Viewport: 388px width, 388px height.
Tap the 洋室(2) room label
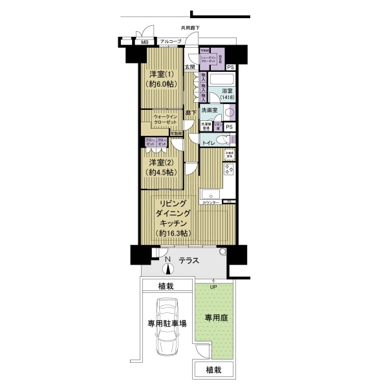pyautogui.click(x=159, y=162)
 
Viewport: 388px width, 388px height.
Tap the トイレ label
pyautogui.click(x=208, y=141)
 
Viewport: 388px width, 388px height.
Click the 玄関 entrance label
pyautogui.click(x=189, y=67)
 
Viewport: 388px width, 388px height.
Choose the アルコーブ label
pyautogui.click(x=171, y=42)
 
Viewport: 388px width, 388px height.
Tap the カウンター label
pyautogui.click(x=210, y=202)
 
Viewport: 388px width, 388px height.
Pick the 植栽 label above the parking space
pyautogui.click(x=167, y=286)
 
